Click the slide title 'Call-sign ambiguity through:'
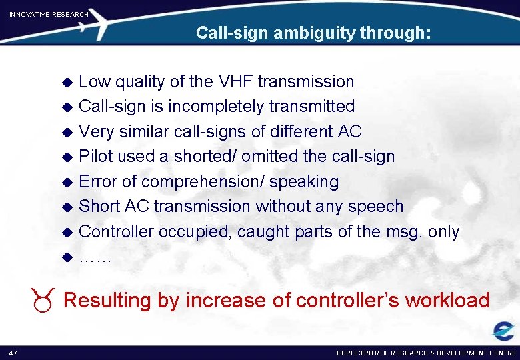(x=313, y=33)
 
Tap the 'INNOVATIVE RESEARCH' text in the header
(x=49, y=14)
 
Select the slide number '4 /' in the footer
(x=13, y=353)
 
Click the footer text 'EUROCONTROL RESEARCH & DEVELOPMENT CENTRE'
(x=427, y=353)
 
